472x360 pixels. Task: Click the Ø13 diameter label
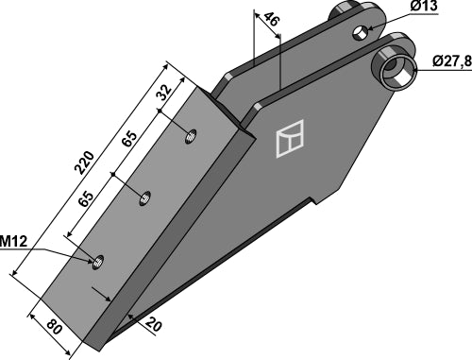coord(424,7)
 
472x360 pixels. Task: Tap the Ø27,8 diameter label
coord(452,61)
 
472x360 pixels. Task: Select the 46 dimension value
coord(271,20)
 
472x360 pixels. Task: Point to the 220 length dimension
coord(84,163)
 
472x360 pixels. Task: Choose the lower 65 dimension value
coord(86,198)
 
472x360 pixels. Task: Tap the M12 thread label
coord(13,242)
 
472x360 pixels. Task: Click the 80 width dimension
coord(54,327)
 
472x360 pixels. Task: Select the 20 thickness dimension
coord(153,324)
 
